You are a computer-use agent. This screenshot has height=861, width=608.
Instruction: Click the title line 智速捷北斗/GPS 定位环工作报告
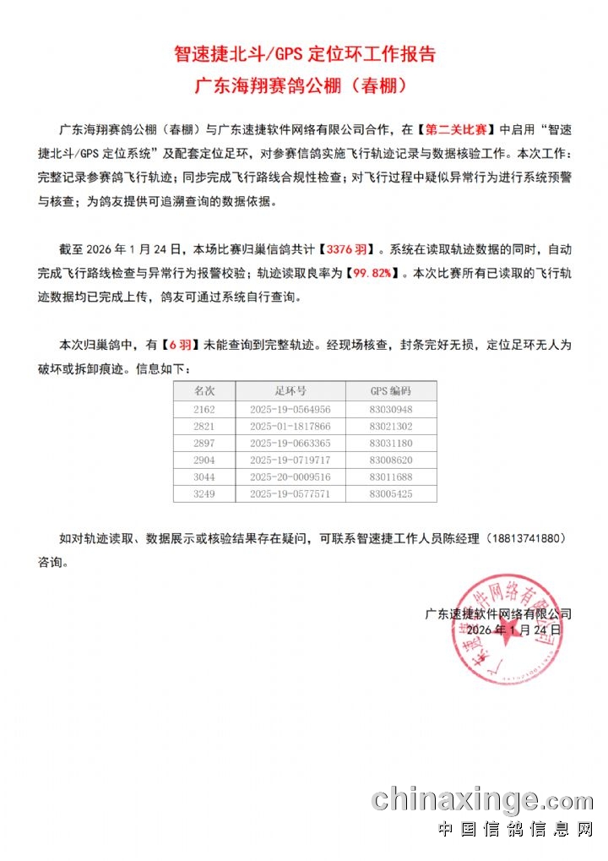pos(304,55)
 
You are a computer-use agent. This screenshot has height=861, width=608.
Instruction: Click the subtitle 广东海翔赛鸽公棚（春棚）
pos(304,86)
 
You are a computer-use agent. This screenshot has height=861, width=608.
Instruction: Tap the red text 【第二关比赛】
pos(457,130)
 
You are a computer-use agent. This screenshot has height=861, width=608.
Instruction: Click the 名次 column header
pos(204,391)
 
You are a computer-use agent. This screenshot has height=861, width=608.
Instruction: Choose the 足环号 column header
pos(290,391)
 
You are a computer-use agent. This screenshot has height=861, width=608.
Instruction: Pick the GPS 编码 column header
pos(390,391)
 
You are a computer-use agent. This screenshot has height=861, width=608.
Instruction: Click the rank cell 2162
pos(204,409)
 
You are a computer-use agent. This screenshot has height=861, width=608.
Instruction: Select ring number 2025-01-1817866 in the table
pos(290,427)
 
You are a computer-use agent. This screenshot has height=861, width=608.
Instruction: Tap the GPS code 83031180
pos(390,444)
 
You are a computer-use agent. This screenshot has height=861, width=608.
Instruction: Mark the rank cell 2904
pos(204,460)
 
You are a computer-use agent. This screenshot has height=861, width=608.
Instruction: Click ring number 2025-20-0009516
pos(290,477)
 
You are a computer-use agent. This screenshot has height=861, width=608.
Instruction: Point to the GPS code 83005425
pos(390,494)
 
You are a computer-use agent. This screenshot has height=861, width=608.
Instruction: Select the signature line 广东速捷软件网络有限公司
pos(498,614)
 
